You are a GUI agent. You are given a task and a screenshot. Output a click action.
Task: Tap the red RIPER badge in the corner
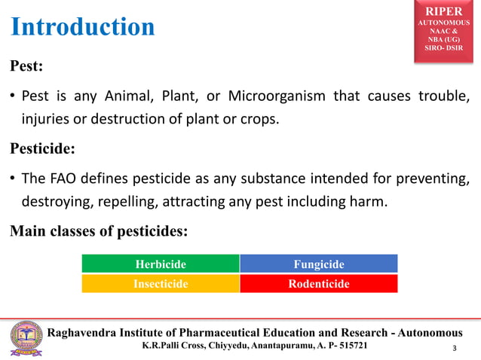pos(447,31)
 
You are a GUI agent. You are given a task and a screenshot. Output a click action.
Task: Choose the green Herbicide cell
pos(161,264)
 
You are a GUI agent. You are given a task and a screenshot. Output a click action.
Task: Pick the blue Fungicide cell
pos(318,264)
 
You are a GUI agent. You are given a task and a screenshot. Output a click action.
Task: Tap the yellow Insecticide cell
pos(161,284)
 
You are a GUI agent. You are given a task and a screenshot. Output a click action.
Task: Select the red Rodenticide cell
pos(318,284)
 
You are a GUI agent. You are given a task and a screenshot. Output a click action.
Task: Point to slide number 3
pos(454,349)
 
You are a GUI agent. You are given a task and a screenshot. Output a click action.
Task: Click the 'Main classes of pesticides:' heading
pos(98,230)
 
